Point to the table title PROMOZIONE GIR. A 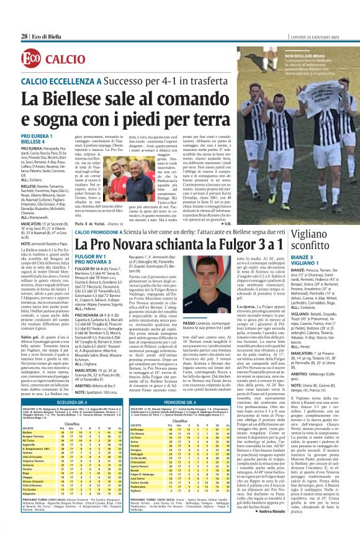[164, 403]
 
